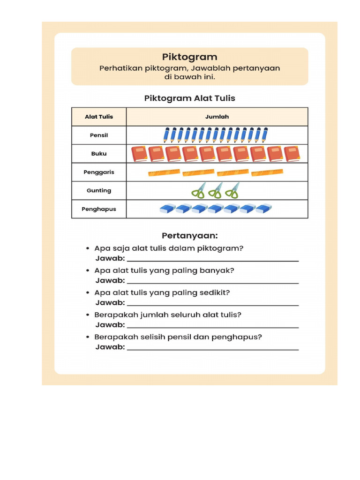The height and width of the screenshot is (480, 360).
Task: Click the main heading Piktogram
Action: [x=189, y=57]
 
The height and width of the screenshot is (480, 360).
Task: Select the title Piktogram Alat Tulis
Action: [x=189, y=98]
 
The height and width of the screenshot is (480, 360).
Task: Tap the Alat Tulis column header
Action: [x=99, y=117]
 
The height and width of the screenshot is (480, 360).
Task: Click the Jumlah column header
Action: [x=217, y=117]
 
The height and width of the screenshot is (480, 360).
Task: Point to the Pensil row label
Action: [x=99, y=135]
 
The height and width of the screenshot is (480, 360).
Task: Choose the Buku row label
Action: [x=99, y=154]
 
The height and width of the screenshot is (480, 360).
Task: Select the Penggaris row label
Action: [x=99, y=172]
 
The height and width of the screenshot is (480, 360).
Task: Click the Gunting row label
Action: [x=99, y=191]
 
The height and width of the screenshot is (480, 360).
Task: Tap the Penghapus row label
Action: [x=99, y=209]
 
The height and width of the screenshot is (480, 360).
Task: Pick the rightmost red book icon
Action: [x=292, y=154]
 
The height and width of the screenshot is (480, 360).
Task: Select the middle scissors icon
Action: [x=215, y=191]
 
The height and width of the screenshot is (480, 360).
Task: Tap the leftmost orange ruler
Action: [x=164, y=173]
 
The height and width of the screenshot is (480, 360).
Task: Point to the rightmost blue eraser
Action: [x=263, y=209]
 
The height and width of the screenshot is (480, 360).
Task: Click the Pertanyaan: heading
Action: [x=189, y=235]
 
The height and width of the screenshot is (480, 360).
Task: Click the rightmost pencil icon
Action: [x=265, y=135]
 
